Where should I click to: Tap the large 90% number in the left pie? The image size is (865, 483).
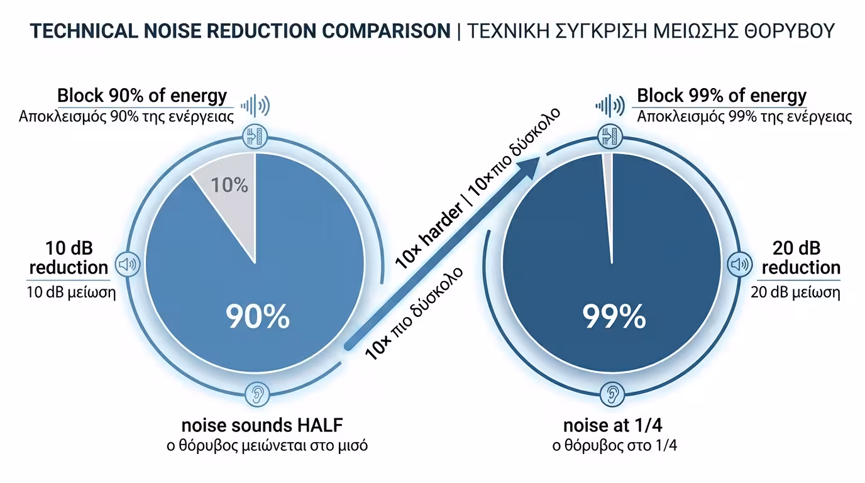click(x=258, y=316)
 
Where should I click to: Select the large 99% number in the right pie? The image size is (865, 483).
click(x=614, y=316)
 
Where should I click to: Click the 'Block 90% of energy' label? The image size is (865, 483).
click(x=142, y=96)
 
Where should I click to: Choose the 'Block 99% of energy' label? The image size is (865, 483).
click(x=722, y=96)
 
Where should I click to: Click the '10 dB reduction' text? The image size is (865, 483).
click(x=69, y=257)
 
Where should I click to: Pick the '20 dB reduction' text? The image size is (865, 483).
click(x=800, y=257)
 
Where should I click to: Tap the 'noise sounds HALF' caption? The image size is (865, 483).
click(x=262, y=425)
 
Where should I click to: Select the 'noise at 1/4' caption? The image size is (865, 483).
click(x=613, y=425)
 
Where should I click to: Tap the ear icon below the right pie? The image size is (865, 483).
click(x=612, y=394)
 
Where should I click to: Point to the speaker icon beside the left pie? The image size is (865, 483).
click(x=128, y=264)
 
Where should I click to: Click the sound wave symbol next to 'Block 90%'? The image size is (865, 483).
click(x=255, y=106)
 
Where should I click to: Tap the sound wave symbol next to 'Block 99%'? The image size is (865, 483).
click(x=609, y=106)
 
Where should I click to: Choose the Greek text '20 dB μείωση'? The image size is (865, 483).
click(x=795, y=292)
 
